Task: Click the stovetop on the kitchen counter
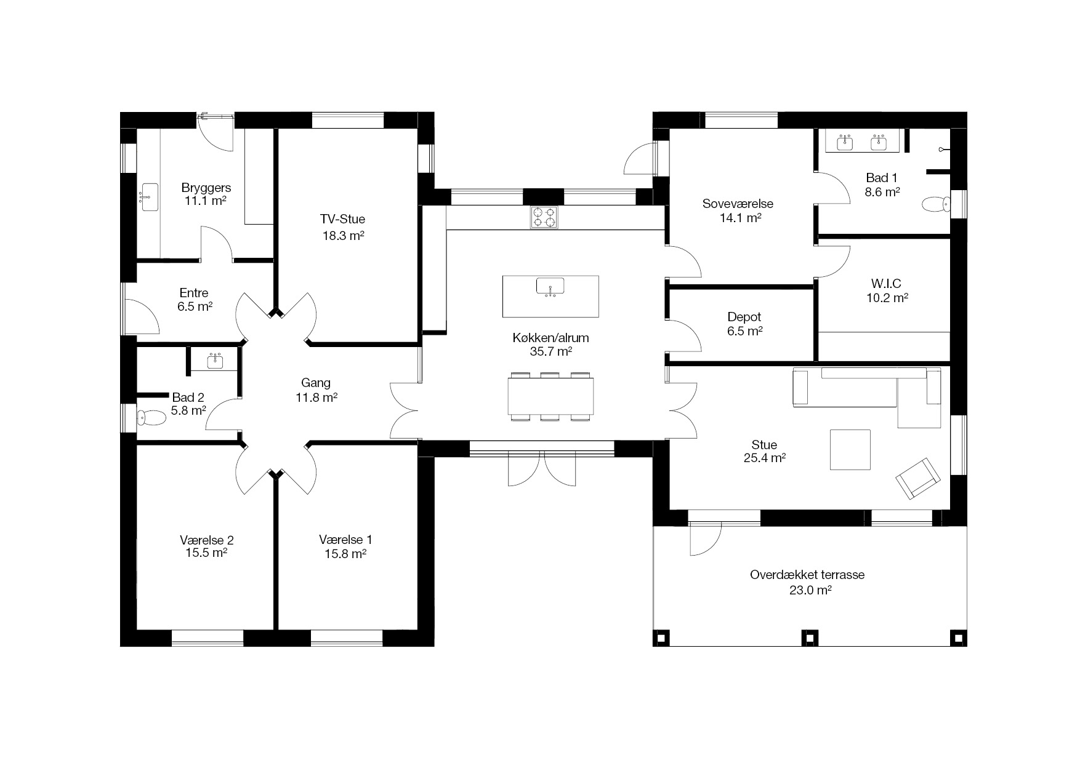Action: pos(544,217)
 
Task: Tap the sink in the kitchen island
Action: pos(550,287)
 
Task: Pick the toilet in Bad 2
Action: pos(151,418)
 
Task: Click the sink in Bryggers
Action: pos(150,197)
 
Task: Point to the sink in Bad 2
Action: pos(215,361)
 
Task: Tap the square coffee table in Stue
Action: pos(850,449)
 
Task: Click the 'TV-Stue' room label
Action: pos(342,219)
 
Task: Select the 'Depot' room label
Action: pos(744,317)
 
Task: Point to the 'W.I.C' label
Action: pos(886,284)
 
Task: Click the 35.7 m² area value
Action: pos(551,351)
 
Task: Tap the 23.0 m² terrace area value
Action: pos(811,590)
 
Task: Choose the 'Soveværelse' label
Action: pos(738,204)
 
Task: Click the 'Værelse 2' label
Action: pos(207,540)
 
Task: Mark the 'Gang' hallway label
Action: pos(316,383)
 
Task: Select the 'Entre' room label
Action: pos(194,293)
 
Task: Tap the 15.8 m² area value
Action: pos(345,553)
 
